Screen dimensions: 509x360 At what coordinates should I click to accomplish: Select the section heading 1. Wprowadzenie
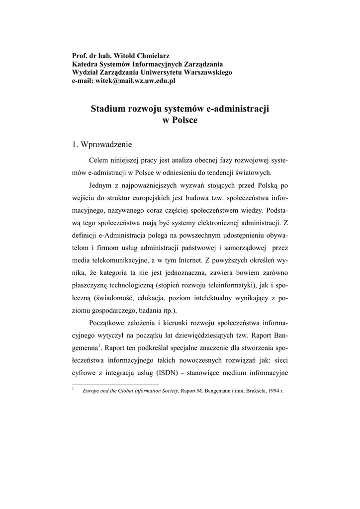coord(102,145)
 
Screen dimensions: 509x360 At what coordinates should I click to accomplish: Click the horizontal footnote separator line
coord(115,384)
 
